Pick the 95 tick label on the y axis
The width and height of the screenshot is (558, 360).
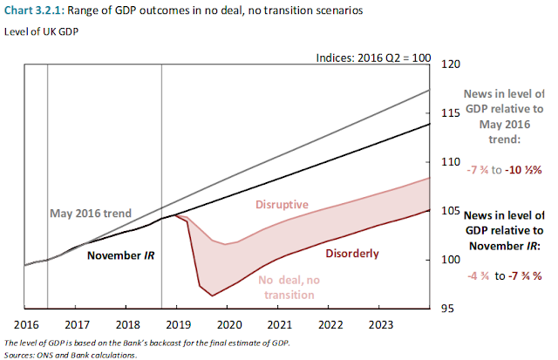coord(448,308)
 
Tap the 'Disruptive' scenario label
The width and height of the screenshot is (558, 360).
coord(281,204)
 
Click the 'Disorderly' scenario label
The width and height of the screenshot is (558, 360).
coord(352,254)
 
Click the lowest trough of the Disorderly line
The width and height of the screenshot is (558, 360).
coord(213,296)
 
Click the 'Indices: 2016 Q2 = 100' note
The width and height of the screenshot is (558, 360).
coord(376,57)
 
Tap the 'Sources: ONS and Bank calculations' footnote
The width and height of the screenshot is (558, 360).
coord(71,354)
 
